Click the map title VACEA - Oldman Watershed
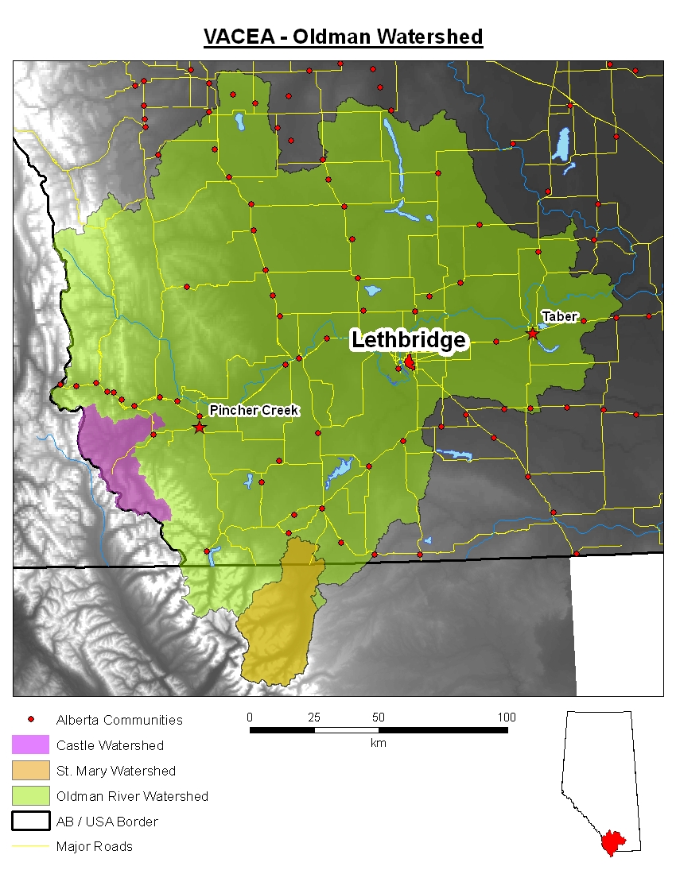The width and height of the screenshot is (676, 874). coord(343,37)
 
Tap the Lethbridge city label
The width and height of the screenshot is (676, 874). coord(409,340)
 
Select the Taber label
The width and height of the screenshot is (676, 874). coord(559,316)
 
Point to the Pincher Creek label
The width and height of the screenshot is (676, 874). coord(254,410)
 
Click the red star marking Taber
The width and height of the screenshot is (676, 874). coord(533,334)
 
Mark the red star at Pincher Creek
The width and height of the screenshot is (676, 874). coord(199,427)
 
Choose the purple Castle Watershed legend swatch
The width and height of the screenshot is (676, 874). coord(31,745)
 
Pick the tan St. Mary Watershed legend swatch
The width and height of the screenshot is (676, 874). coord(31,771)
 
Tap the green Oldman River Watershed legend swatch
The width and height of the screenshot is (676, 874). coord(31,796)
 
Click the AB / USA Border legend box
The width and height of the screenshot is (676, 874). coord(31,822)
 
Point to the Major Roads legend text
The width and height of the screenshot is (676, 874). coord(94,846)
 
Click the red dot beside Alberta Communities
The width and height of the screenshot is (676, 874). coord(31,720)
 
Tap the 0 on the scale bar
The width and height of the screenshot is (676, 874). coord(250,717)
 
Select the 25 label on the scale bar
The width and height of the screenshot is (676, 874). coord(314,717)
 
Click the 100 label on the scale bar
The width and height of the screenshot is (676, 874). coord(507,717)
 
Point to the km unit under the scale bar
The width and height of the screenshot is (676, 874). coord(379,743)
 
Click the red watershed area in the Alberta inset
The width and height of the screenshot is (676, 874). coord(613,842)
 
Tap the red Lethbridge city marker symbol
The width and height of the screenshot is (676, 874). coord(410,362)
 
